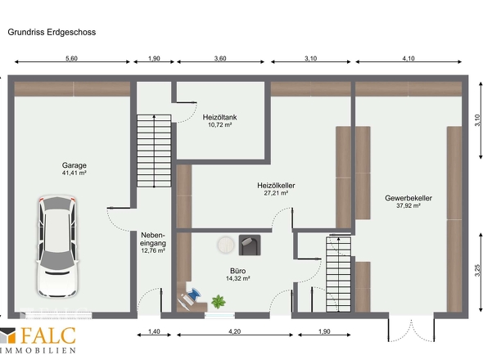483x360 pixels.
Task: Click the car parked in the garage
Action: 56,246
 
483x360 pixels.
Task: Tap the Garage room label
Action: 74,164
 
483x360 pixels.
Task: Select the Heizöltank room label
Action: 219,117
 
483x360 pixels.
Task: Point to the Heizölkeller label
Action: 275,186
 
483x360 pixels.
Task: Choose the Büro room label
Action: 238,270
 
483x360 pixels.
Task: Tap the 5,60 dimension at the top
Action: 71,59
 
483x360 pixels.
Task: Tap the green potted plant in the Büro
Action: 218,302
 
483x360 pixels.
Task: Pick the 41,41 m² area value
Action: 74,173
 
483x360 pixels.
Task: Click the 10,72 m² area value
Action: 219,125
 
